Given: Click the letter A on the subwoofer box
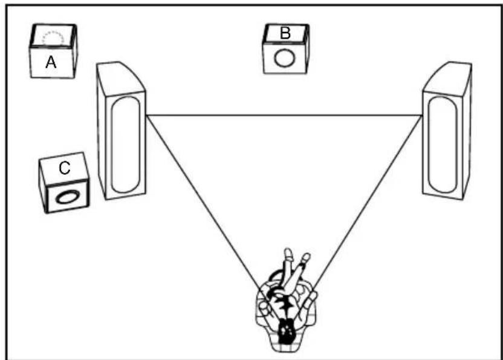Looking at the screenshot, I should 51,62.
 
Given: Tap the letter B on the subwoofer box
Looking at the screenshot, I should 285,33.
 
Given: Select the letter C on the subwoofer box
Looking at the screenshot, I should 64,169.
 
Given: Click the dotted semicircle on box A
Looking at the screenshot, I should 52,38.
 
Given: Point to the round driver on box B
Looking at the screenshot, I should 285,59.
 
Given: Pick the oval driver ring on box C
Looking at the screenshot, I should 67,197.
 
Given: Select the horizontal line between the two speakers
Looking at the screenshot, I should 284,115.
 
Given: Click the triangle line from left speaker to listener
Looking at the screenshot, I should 206,200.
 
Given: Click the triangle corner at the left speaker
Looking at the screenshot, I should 147,115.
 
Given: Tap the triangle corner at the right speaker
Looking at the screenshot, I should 422,115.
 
